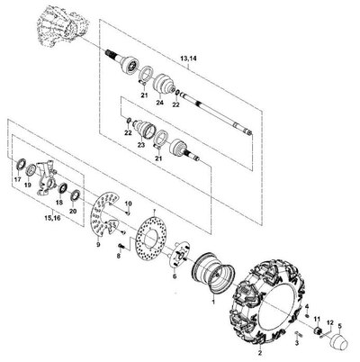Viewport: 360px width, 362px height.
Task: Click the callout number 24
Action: [x=159, y=103]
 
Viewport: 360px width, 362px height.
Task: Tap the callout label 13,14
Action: [x=188, y=59]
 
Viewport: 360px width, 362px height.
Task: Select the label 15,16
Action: [x=52, y=218]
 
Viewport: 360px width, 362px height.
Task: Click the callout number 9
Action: [x=98, y=245]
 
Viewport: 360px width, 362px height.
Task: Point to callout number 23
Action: [x=141, y=145]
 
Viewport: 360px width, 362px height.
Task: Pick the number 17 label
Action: [x=17, y=179]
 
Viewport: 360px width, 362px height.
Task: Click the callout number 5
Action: [x=340, y=325]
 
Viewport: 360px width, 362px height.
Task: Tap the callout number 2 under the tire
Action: [x=260, y=353]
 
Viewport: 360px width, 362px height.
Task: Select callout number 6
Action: [x=175, y=276]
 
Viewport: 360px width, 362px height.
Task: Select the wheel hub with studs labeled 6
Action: [x=178, y=255]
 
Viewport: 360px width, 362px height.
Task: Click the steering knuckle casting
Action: [x=46, y=179]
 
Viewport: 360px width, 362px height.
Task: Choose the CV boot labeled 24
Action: [x=165, y=82]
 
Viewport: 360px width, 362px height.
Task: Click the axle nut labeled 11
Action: [x=317, y=330]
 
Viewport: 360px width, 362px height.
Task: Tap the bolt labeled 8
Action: [x=121, y=246]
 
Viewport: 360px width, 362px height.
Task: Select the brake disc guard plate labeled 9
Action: [x=105, y=213]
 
